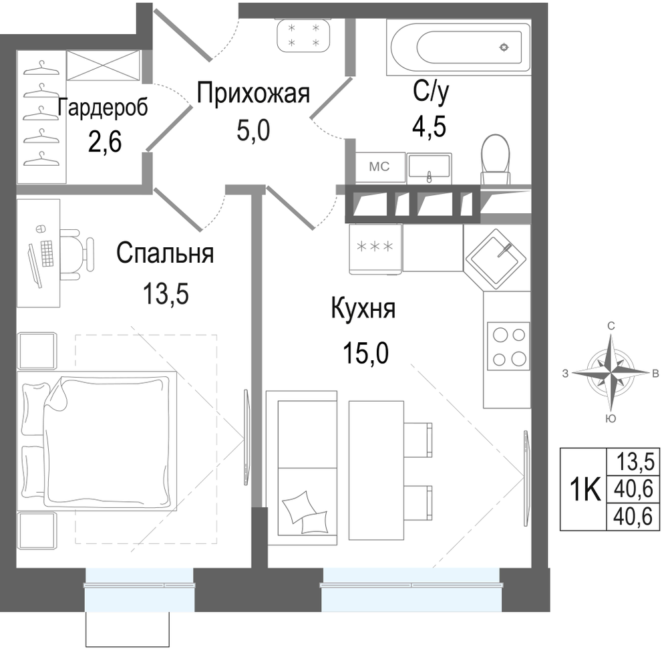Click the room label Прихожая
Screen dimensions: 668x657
click(253, 94)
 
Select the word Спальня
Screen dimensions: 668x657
click(165, 253)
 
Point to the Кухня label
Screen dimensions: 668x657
click(363, 308)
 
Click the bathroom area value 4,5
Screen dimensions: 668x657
click(429, 126)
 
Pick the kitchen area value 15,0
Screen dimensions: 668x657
click(365, 353)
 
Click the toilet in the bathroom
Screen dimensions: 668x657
click(496, 159)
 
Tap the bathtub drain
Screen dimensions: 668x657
click(504, 47)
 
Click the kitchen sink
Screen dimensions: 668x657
click(496, 257)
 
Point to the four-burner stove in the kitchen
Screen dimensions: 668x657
click(508, 346)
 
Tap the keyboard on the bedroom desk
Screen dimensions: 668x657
click(47, 253)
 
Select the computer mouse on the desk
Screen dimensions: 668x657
click(40, 229)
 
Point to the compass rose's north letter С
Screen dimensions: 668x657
click(611, 327)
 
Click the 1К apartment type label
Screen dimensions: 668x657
click(585, 490)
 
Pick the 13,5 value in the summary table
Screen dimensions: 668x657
click(635, 462)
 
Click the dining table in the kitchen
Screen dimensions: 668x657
click(376, 471)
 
